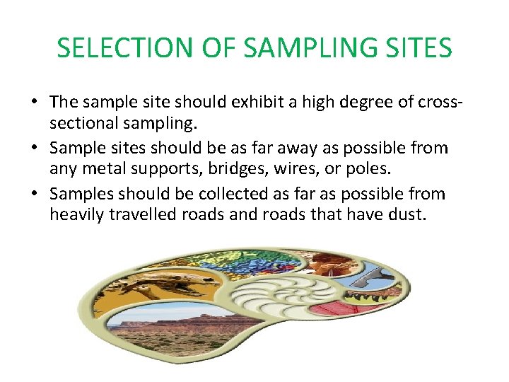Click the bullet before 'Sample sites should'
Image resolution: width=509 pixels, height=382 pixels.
pos(34,149)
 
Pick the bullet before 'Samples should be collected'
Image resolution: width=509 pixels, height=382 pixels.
pos(34,194)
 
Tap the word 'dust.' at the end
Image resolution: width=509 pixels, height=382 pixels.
pos(409,215)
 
